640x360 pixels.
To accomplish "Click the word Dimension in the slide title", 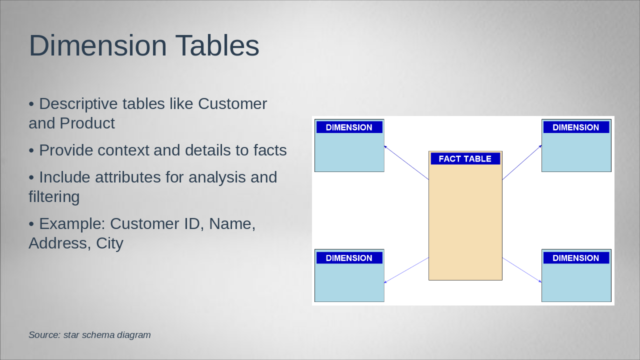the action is [x=97, y=45].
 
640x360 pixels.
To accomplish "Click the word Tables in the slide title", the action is [x=217, y=45].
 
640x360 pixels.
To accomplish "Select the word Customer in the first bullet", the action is [x=232, y=103].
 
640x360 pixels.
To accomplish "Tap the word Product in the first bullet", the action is [x=87, y=123].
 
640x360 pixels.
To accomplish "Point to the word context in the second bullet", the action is [x=123, y=150].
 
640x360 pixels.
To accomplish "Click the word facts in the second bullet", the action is [x=269, y=150].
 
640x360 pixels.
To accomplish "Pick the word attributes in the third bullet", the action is [x=127, y=177].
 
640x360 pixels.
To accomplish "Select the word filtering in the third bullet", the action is [x=54, y=197].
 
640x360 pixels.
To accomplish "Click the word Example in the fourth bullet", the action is [x=72, y=223].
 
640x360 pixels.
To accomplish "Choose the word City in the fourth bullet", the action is [x=109, y=244].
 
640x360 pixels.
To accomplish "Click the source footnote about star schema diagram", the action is [x=89, y=335].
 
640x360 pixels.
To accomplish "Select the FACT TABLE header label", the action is [x=465, y=159].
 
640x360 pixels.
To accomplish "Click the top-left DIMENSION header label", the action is [x=349, y=127].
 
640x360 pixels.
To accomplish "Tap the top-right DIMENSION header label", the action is [x=576, y=127].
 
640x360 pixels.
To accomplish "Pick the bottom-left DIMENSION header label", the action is [x=349, y=258].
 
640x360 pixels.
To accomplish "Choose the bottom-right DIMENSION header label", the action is [x=576, y=258].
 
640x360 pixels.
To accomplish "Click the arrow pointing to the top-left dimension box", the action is [x=406, y=162].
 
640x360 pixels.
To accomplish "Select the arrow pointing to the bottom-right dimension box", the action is [x=522, y=270].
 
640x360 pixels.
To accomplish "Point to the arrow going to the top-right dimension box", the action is [x=522, y=162].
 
